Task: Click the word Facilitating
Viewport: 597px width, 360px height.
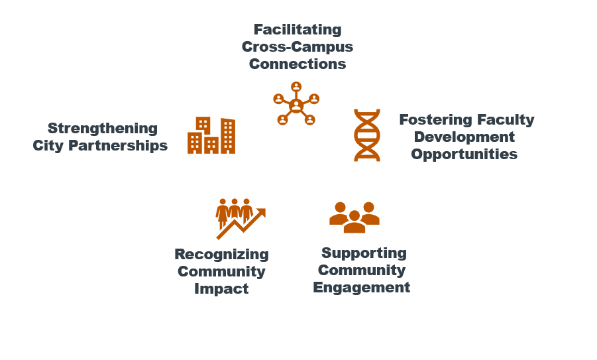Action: pyautogui.click(x=298, y=30)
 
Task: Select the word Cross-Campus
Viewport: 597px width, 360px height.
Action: pyautogui.click(x=298, y=47)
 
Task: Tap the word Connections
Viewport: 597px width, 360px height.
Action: pyautogui.click(x=298, y=64)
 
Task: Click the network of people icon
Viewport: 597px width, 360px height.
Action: pyautogui.click(x=296, y=103)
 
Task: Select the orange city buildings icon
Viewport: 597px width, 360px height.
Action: pyautogui.click(x=211, y=135)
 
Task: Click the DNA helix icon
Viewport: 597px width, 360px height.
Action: pyautogui.click(x=367, y=135)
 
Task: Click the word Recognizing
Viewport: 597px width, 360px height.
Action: pyautogui.click(x=221, y=255)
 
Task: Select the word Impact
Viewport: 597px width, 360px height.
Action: pyautogui.click(x=221, y=289)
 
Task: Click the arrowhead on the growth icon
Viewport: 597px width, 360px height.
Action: pyautogui.click(x=261, y=213)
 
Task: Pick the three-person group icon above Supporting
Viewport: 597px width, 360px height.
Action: pyautogui.click(x=354, y=217)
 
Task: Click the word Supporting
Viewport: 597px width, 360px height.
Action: pyautogui.click(x=364, y=253)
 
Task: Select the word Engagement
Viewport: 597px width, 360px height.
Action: pyautogui.click(x=362, y=288)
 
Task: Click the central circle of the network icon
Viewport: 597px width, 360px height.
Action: pyautogui.click(x=296, y=105)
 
